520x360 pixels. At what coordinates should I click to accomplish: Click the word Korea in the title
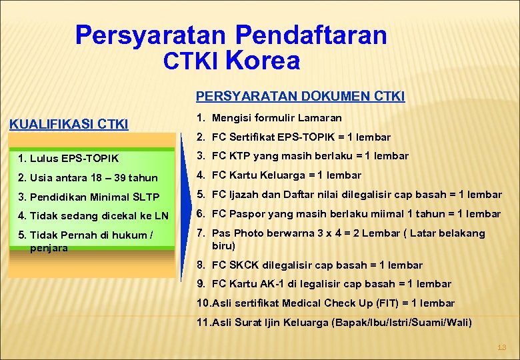[263, 61]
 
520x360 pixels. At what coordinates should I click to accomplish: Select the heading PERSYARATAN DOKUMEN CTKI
[300, 97]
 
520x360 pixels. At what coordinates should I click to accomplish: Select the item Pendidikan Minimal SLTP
[89, 197]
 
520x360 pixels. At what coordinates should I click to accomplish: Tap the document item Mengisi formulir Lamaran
[276, 118]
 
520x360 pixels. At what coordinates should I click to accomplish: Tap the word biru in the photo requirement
[223, 245]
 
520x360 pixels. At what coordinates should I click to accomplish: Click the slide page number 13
[502, 347]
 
